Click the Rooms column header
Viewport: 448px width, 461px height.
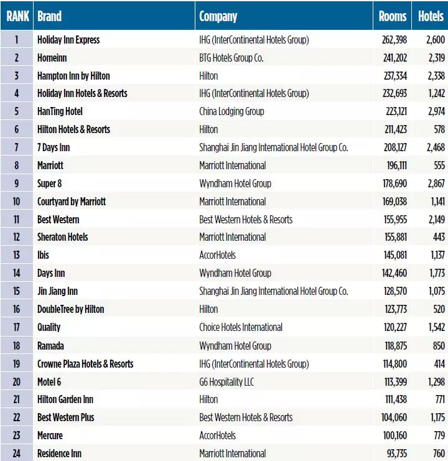tap(392, 17)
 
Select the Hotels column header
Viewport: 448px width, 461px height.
tap(431, 17)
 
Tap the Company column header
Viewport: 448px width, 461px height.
tap(218, 17)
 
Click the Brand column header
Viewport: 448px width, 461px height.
tap(50, 17)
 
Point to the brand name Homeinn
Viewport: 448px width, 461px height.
tap(52, 58)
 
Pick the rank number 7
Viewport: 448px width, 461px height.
tap(17, 147)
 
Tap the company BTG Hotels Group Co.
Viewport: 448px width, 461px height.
tap(231, 58)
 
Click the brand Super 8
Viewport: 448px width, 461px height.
tap(50, 184)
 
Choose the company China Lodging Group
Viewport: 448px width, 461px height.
tap(231, 111)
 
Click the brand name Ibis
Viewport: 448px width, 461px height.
tap(43, 255)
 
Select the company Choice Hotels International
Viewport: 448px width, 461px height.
tap(241, 327)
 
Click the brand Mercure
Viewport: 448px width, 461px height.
tap(50, 435)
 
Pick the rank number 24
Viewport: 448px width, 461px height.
tap(17, 454)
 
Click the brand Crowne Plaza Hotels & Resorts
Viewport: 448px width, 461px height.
tap(85, 363)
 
